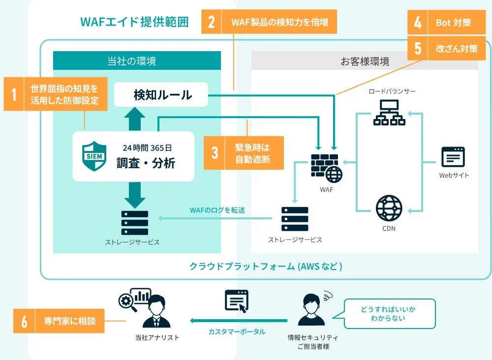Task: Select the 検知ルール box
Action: [162, 94]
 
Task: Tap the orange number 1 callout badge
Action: [14, 94]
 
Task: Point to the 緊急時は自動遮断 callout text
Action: [252, 153]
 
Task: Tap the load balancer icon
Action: [389, 113]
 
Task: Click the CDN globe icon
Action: [389, 208]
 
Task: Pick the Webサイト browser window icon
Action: [453, 157]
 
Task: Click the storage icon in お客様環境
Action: [295, 219]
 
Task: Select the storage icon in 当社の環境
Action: [134, 223]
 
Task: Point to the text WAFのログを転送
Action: [217, 210]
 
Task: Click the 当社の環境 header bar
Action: [137, 61]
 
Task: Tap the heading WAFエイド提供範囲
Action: [134, 22]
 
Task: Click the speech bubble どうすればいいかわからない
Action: [389, 313]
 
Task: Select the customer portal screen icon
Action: [237, 300]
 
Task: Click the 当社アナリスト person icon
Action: [156, 312]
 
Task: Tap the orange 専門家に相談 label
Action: [69, 322]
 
